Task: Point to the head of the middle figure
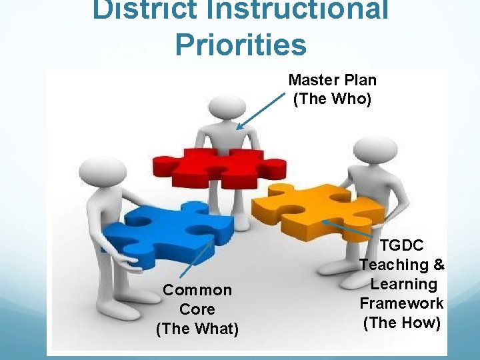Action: (223, 111)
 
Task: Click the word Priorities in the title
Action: (241, 44)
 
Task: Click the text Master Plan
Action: (332, 81)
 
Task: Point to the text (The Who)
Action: (332, 99)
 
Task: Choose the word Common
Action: (197, 290)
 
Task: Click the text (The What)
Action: (197, 329)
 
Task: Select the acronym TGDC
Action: (402, 246)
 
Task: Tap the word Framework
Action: (402, 304)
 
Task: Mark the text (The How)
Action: (402, 323)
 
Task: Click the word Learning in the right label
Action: (404, 285)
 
